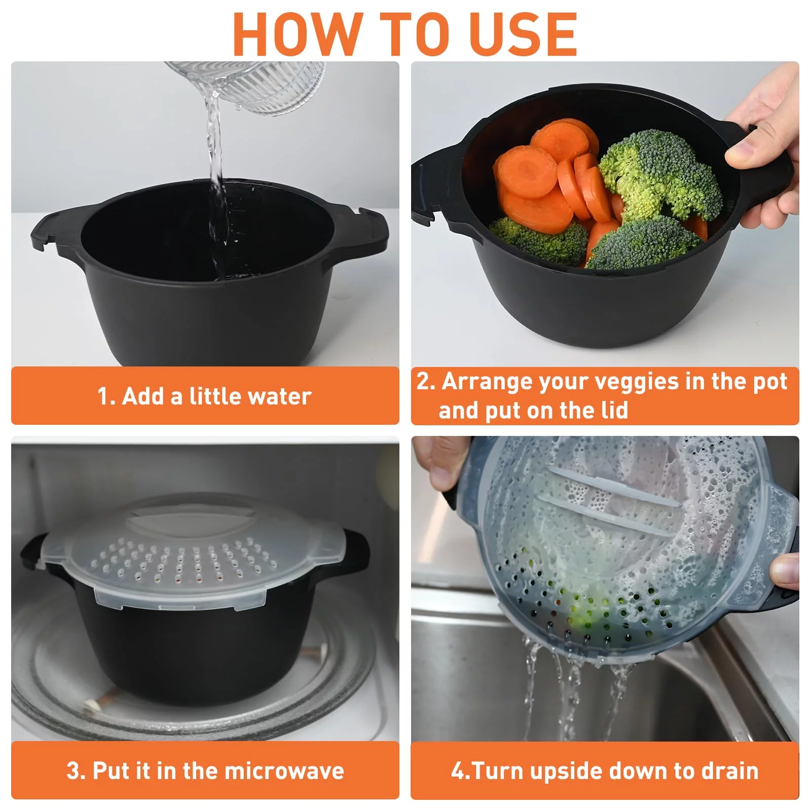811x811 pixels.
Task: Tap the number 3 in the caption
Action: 73,771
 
